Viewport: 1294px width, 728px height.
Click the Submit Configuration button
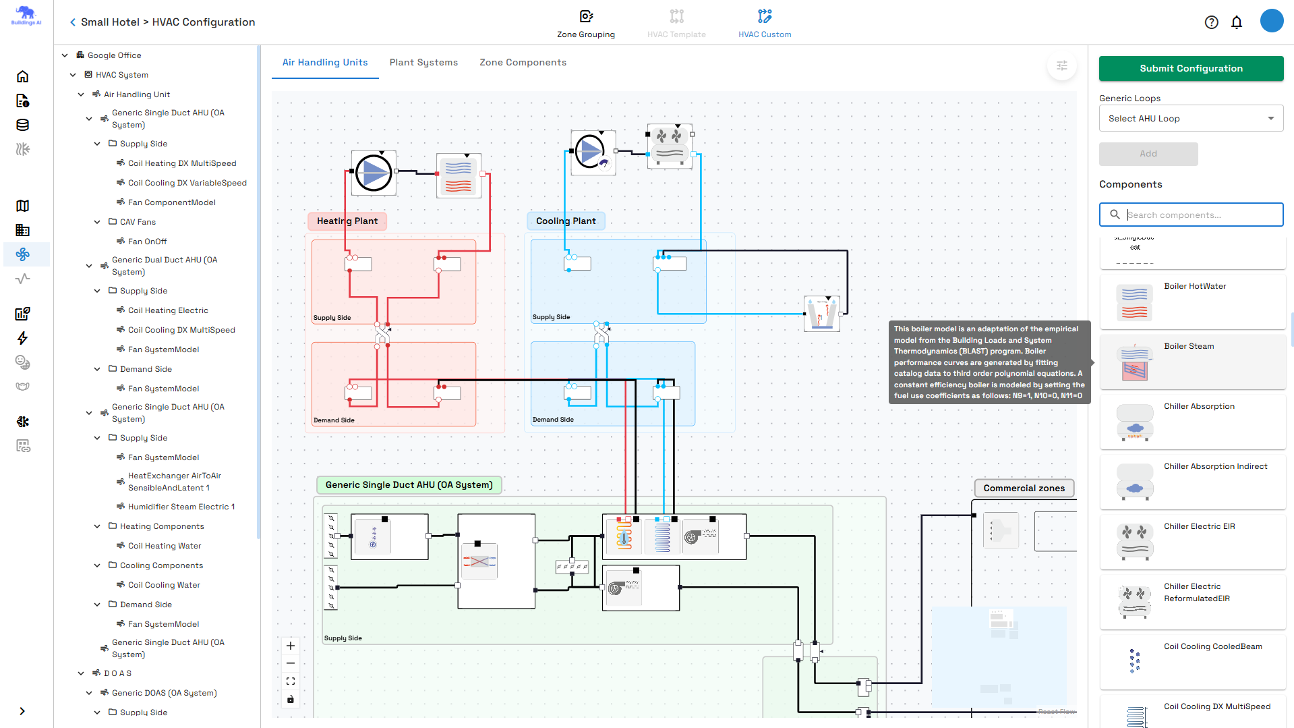tap(1191, 68)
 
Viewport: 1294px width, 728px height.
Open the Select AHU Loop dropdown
tap(1191, 118)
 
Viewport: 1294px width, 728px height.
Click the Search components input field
tap(1200, 215)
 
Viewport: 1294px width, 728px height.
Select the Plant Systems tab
tap(423, 62)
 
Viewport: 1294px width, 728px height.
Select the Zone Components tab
tap(523, 62)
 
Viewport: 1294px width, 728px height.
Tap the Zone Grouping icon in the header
tap(585, 16)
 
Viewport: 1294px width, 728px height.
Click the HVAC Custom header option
tap(765, 24)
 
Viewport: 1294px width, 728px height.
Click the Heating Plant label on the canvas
tap(347, 221)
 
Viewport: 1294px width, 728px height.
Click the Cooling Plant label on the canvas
tap(566, 221)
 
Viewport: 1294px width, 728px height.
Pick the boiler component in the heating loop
tap(459, 175)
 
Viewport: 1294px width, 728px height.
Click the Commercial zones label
tap(1024, 488)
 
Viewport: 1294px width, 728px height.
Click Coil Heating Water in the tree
tap(165, 546)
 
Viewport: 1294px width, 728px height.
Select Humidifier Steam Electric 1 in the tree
tap(181, 507)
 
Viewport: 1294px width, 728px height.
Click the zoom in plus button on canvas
tap(291, 646)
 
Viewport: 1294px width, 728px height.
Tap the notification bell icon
tap(1237, 22)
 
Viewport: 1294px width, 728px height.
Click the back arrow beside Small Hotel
tap(73, 22)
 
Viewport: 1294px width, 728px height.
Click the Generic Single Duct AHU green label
tap(409, 484)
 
